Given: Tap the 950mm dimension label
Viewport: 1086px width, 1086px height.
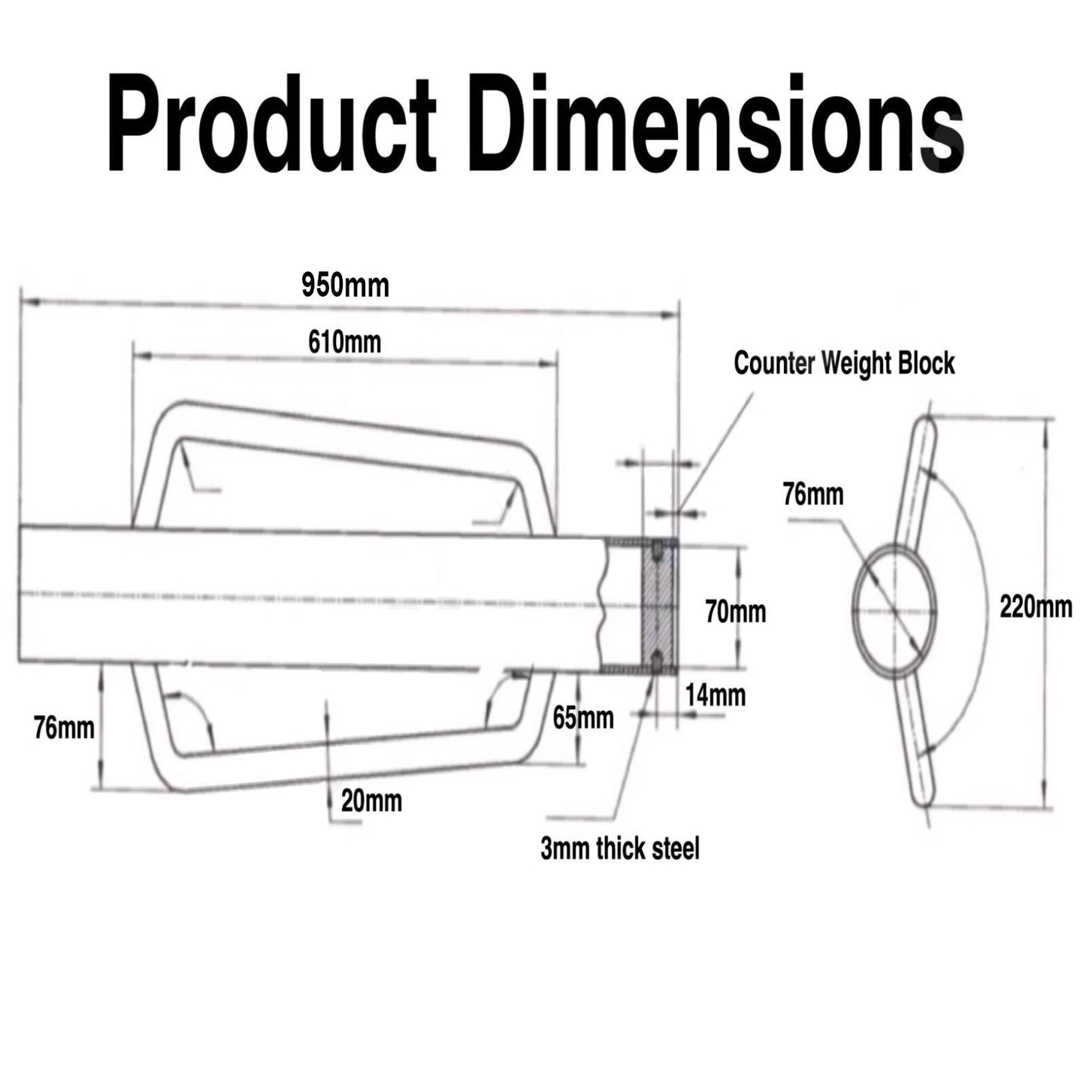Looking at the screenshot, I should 345,286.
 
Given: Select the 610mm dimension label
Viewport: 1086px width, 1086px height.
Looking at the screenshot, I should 344,342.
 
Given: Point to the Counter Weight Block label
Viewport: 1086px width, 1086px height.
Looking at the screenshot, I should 844,363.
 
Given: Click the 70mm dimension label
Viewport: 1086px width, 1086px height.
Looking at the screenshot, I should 735,612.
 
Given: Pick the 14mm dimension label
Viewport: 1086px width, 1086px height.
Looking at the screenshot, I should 715,695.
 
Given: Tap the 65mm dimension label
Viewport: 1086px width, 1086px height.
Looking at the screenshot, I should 582,718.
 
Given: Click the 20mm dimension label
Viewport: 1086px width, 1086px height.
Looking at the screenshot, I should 371,801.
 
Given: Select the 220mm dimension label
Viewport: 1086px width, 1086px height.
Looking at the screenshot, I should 1036,606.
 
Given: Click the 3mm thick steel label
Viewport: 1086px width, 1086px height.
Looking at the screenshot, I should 619,849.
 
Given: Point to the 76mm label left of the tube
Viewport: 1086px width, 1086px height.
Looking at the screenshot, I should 64,728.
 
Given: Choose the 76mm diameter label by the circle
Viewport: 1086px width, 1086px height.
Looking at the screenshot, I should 813,495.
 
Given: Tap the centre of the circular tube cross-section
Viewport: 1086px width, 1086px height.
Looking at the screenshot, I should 895,610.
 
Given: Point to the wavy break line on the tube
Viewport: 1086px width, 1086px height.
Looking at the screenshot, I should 604,606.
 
